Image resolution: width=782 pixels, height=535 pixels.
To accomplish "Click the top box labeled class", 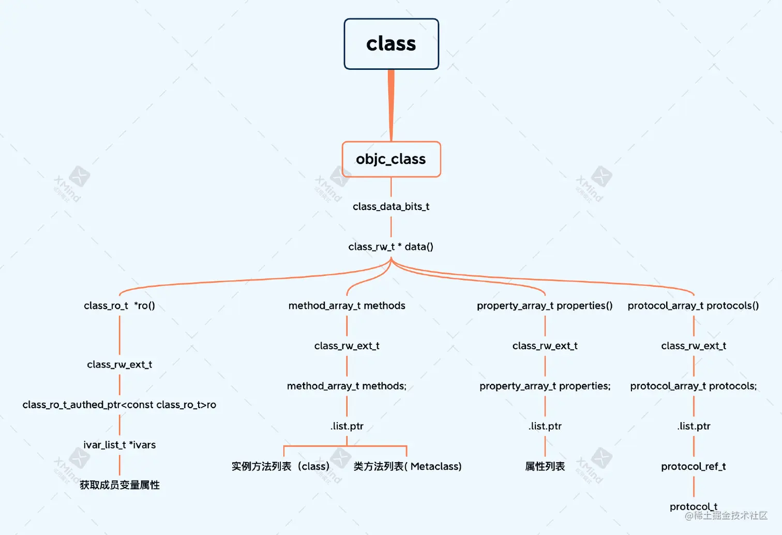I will pyautogui.click(x=391, y=44).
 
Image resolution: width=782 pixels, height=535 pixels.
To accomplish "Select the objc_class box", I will pyautogui.click(x=391, y=159).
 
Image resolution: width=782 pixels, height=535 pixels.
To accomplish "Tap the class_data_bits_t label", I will pyautogui.click(x=391, y=206).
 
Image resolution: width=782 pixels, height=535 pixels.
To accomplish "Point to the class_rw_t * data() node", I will pyautogui.click(x=391, y=247).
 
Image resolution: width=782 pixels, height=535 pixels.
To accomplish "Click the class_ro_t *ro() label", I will pyautogui.click(x=119, y=306).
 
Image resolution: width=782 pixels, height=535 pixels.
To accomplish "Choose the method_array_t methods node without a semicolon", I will pyautogui.click(x=347, y=306).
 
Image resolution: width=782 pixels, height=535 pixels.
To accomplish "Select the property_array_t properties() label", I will pyautogui.click(x=545, y=306).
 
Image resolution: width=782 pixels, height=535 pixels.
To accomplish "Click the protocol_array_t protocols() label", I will pyautogui.click(x=693, y=306).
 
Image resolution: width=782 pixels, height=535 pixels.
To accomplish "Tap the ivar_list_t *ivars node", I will pyautogui.click(x=119, y=445).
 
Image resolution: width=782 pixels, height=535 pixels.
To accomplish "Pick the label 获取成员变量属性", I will pyautogui.click(x=119, y=485).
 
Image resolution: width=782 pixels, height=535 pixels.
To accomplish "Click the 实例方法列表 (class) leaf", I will pyautogui.click(x=280, y=466).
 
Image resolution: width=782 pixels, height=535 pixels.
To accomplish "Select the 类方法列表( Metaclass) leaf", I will pyautogui.click(x=408, y=466).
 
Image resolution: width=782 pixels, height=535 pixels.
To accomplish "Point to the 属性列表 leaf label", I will pyautogui.click(x=545, y=466).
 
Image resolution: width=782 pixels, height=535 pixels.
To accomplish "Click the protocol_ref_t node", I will pyautogui.click(x=693, y=466).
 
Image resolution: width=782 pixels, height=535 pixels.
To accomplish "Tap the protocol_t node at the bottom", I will pyautogui.click(x=693, y=506).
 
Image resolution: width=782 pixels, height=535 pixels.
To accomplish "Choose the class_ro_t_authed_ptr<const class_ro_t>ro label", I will pyautogui.click(x=119, y=405).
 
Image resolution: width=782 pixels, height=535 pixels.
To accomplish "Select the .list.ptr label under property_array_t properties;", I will pyautogui.click(x=545, y=426).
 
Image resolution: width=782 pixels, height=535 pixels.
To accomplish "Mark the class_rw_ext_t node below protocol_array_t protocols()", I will pyautogui.click(x=693, y=346).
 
